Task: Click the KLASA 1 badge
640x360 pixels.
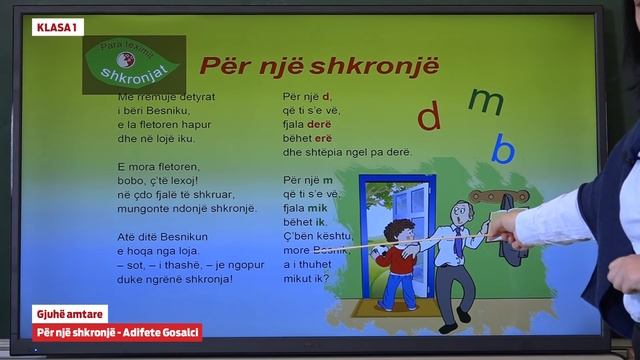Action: (58, 27)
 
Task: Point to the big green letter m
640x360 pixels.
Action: (487, 100)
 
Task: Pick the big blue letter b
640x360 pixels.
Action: (505, 150)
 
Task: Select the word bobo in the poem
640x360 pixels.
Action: (129, 180)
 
